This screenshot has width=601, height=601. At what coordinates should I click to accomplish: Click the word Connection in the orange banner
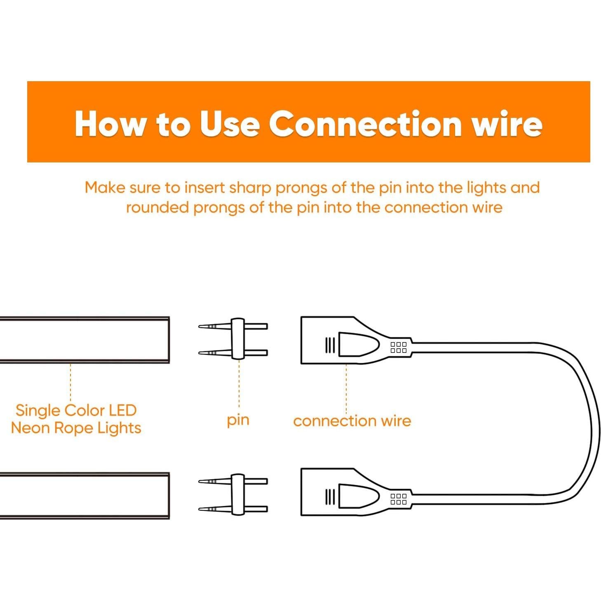coord(365,124)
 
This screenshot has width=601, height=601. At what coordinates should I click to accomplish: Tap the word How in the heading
coord(110,124)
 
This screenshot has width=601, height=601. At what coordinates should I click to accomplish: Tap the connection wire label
coord(352,421)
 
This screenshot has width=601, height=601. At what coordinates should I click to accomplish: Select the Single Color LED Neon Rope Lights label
coord(76,419)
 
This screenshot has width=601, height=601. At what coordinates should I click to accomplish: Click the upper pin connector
coord(233,339)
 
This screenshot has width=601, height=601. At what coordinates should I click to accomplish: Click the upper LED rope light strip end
coord(85,340)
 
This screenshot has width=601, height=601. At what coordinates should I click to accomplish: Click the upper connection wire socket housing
coord(356,340)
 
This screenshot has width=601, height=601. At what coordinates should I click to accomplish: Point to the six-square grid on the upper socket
coord(399,347)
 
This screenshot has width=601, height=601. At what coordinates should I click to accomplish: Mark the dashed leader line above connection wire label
coord(347,389)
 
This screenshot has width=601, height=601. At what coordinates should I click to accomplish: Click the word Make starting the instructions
coord(106,188)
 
